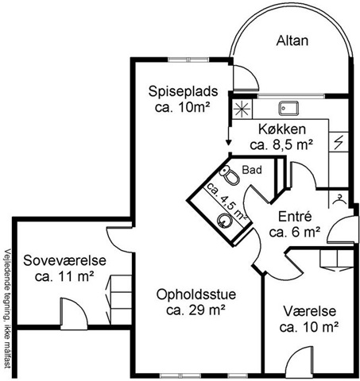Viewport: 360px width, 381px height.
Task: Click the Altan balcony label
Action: click(292, 41)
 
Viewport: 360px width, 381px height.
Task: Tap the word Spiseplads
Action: click(183, 92)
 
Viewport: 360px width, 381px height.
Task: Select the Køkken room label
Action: click(282, 129)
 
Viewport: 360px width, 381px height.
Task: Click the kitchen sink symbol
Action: click(288, 109)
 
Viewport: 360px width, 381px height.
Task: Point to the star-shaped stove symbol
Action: click(242, 109)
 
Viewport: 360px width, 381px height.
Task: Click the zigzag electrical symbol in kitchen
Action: click(339, 142)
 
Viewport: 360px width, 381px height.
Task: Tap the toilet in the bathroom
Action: click(230, 175)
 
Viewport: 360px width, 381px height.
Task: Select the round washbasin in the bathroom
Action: click(224, 221)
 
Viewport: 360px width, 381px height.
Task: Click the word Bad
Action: click(252, 170)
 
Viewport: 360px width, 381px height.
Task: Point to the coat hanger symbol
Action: click(339, 199)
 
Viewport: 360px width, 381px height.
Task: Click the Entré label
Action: click(295, 217)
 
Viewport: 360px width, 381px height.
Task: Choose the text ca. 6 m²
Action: click(295, 233)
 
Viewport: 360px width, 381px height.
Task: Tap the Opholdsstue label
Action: click(196, 294)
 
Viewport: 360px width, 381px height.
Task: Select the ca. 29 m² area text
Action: click(196, 310)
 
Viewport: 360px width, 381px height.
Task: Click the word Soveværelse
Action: click(64, 260)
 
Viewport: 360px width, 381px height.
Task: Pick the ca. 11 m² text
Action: click(64, 276)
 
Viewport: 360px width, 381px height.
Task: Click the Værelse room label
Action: click(310, 311)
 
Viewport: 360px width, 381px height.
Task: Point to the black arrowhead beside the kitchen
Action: click(229, 142)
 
